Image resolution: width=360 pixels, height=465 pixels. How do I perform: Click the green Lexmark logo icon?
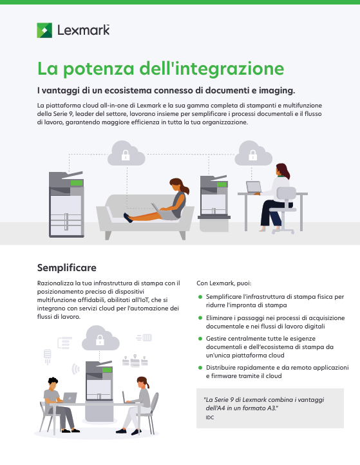click(44, 30)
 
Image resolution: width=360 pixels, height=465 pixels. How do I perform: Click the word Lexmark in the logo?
click(83, 30)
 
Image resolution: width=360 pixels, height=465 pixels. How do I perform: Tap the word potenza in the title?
click(99, 70)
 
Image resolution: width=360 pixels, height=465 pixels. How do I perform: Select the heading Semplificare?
click(67, 268)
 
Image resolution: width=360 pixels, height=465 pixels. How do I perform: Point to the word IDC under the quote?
click(210, 417)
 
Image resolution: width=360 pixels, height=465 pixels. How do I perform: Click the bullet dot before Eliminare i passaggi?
click(200, 318)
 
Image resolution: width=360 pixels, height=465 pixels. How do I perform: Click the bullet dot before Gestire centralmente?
click(200, 339)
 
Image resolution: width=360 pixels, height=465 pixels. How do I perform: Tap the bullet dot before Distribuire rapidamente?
click(200, 368)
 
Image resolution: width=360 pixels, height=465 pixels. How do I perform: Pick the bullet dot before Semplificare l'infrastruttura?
click(200, 297)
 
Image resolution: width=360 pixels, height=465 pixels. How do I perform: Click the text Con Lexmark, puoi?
click(224, 283)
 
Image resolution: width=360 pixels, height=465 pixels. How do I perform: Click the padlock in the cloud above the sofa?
click(126, 155)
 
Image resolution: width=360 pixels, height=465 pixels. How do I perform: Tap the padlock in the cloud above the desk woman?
click(252, 155)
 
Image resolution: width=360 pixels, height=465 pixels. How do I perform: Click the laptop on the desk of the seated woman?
click(254, 187)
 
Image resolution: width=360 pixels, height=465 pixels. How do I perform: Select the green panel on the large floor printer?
click(77, 183)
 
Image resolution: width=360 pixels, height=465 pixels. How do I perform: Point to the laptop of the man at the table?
click(70, 398)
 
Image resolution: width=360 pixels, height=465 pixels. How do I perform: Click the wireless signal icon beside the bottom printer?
click(76, 369)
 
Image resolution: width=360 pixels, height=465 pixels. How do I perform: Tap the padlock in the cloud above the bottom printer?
click(100, 340)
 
